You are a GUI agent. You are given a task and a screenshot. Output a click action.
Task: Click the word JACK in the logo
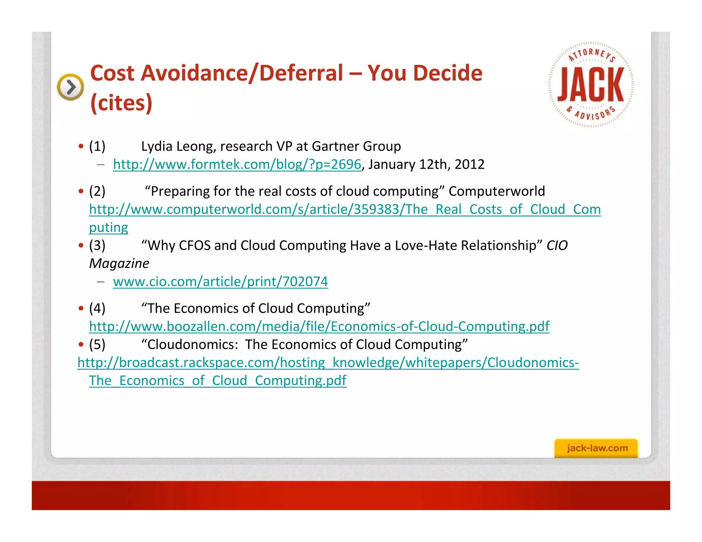point(591,85)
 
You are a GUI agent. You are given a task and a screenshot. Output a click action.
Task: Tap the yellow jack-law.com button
point(596,448)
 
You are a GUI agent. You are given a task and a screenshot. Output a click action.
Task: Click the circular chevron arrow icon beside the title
point(70,87)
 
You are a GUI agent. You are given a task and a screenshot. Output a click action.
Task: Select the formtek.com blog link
point(237,164)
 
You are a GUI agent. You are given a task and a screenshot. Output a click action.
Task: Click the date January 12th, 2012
point(426,164)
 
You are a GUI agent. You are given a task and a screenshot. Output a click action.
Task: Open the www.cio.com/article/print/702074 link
point(220,282)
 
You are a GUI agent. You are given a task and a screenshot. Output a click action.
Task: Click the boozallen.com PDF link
point(319,326)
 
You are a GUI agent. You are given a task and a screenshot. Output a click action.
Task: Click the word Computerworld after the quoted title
point(497,191)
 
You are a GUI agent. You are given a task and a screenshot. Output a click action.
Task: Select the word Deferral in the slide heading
point(301,73)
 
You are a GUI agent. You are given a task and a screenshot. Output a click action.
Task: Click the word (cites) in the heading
point(121,103)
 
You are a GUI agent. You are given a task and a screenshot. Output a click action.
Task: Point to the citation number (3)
point(97,245)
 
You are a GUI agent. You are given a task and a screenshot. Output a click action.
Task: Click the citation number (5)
point(97,344)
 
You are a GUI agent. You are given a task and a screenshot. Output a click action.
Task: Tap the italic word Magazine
point(119,263)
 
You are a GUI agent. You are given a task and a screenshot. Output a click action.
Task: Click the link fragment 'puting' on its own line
point(108,227)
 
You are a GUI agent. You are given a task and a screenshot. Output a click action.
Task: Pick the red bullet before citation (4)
point(81,308)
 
